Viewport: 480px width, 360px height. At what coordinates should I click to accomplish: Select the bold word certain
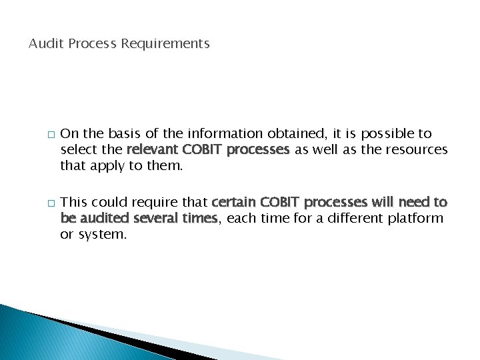tap(234, 202)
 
